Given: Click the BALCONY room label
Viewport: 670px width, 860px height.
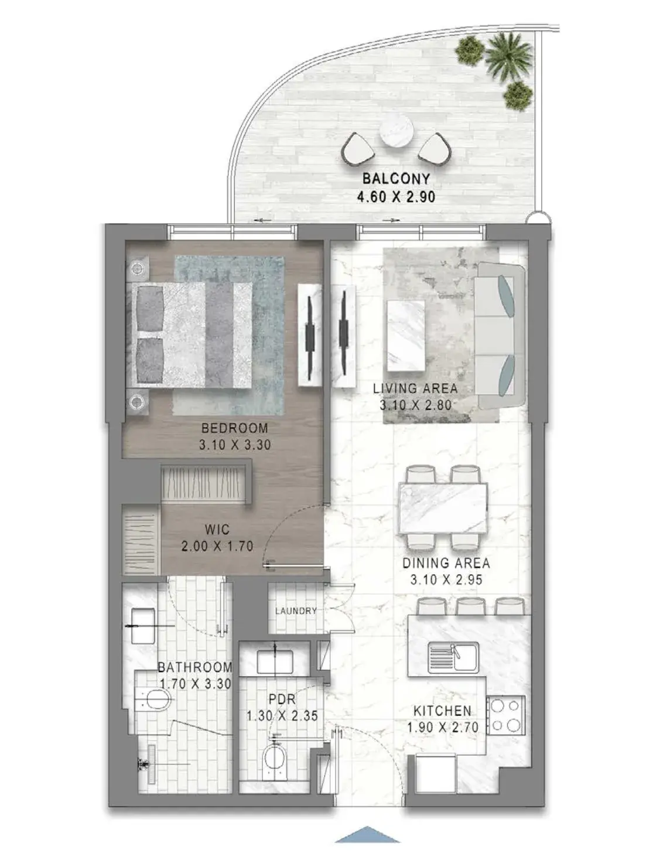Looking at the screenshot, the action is [x=396, y=179].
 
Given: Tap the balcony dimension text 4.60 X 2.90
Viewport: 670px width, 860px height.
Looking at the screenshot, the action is [x=396, y=197].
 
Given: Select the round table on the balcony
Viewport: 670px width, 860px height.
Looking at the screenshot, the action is [x=396, y=132].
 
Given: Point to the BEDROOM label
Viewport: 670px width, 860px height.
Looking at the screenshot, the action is [x=234, y=428].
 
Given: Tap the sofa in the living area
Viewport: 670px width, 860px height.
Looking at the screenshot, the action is [x=501, y=336].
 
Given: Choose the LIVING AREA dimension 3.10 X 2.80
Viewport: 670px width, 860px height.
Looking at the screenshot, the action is [x=415, y=405].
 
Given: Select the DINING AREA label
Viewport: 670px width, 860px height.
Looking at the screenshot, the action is [x=446, y=563].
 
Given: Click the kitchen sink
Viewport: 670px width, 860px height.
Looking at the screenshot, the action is [x=454, y=657].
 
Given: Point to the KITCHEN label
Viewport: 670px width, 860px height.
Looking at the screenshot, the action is [x=443, y=711].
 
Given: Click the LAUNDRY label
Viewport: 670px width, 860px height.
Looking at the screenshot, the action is [x=296, y=610].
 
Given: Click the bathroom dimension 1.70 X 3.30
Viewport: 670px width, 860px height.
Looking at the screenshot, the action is [x=196, y=684].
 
